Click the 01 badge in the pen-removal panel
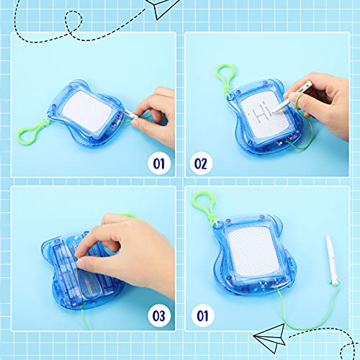coord(156,162)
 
